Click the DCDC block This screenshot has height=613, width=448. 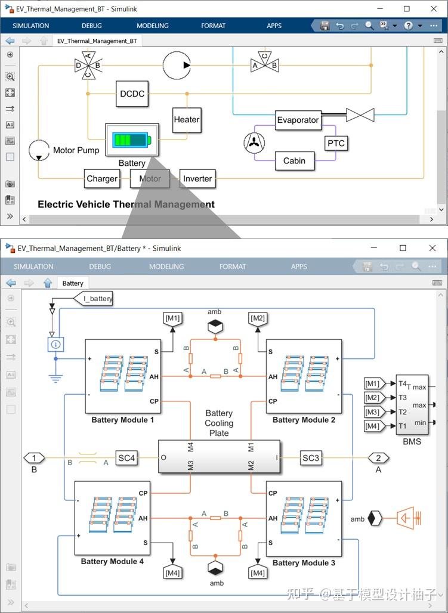[x=132, y=94]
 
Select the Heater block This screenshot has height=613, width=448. [x=187, y=120]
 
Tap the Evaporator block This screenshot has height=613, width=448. [x=298, y=120]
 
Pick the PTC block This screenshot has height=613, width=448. [x=336, y=144]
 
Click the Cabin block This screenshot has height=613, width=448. [x=295, y=160]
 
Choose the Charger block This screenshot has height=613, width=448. [x=102, y=179]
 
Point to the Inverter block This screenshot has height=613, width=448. [x=197, y=179]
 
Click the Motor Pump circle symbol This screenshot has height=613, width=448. [x=39, y=150]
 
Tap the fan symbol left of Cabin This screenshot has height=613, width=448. [x=254, y=143]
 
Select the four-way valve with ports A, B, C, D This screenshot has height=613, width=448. [x=88, y=65]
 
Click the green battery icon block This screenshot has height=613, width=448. [x=132, y=140]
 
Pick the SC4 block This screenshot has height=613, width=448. [x=126, y=458]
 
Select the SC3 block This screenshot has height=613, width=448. [x=311, y=458]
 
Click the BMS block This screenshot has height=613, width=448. [x=412, y=405]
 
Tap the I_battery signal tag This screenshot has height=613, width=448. [x=93, y=299]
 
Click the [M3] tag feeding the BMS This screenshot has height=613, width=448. [x=374, y=412]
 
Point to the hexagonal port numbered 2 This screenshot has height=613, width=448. [x=378, y=458]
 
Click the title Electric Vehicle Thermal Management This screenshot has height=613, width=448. [x=126, y=205]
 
